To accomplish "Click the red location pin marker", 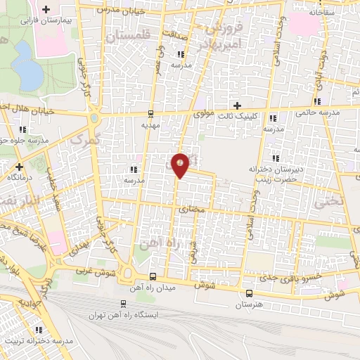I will tap(181, 165).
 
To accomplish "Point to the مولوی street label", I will tap(203, 112).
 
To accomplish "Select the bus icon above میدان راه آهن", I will tap(153, 276).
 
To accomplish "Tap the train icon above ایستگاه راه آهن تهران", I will tap(124, 304).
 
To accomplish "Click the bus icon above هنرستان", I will tap(249, 294).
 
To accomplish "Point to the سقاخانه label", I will tap(319, 13).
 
